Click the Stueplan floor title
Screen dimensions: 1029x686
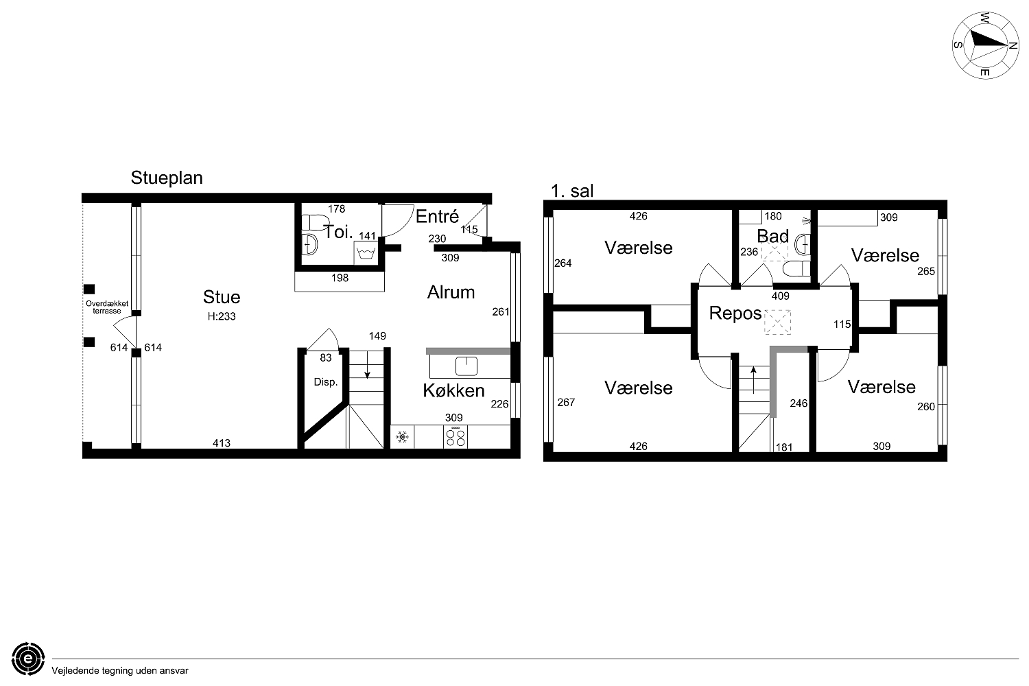166,178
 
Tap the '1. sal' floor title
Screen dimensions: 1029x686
572,191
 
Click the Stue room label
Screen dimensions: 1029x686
222,297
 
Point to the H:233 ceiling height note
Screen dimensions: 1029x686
222,316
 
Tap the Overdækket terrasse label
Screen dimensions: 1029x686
107,307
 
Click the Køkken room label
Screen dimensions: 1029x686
453,390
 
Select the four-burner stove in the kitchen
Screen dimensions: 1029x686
456,436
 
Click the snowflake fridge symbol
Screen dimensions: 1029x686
403,437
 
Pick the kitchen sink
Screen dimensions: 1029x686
466,366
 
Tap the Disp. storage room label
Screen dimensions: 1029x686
326,382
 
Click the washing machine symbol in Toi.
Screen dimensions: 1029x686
366,253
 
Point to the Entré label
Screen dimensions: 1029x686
438,216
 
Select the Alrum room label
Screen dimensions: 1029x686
451,293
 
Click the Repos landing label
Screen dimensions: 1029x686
735,314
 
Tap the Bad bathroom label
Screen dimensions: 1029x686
772,236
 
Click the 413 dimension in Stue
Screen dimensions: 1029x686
222,443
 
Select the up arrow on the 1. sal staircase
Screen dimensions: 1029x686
753,380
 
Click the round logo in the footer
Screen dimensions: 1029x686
28,659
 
